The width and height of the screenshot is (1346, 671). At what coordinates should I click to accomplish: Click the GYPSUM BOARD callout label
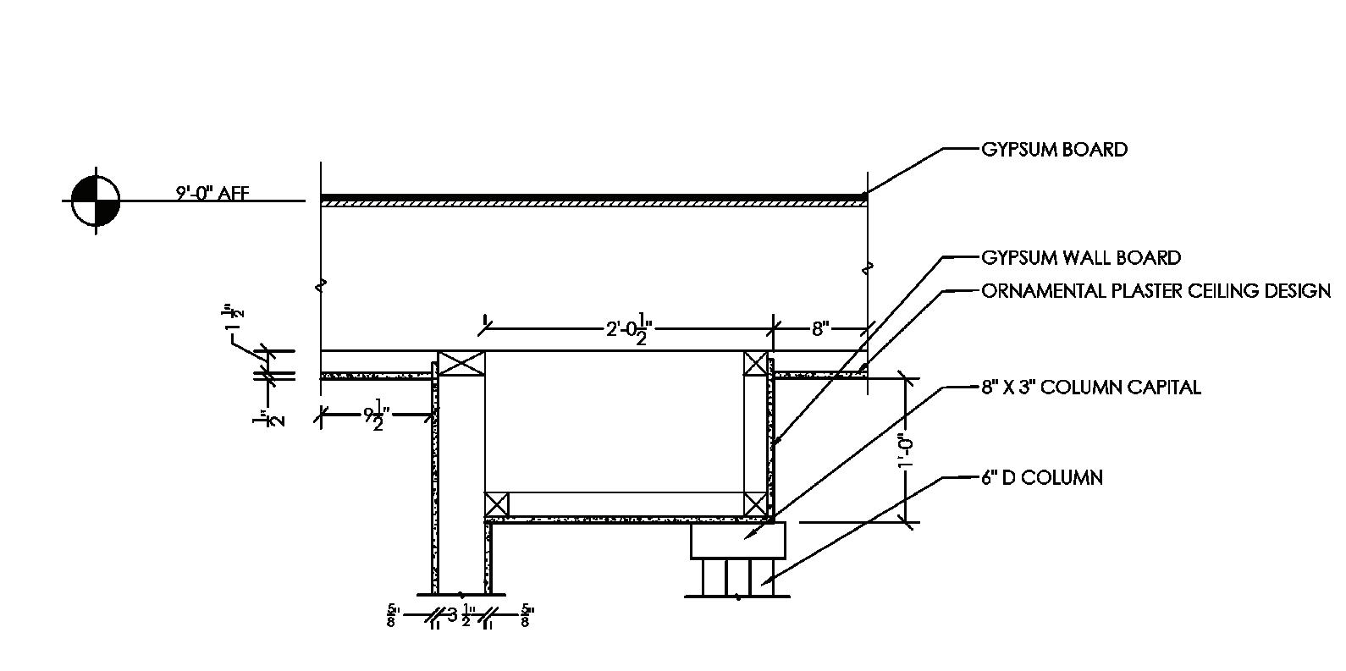point(1054,150)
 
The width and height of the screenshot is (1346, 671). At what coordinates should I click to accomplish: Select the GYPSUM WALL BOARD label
point(1081,257)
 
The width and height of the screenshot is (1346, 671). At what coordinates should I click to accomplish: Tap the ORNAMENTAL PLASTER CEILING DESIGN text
point(1156,291)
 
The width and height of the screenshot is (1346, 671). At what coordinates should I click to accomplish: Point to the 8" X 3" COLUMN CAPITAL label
point(1090,388)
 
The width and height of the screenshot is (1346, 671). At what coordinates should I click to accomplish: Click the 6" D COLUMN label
point(1042,477)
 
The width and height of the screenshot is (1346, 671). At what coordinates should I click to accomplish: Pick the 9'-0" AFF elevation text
point(212,194)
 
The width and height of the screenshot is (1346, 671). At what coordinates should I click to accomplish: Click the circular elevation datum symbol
point(96,201)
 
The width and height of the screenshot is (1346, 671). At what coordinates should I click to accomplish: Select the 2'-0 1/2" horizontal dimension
point(627,328)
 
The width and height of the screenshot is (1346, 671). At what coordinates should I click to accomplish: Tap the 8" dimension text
point(819,328)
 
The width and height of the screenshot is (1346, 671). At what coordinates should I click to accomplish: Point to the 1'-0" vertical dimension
point(907,451)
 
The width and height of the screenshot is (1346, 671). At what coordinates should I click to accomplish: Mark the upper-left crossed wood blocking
point(461,363)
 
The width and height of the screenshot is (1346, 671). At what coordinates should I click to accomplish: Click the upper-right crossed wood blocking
point(756,364)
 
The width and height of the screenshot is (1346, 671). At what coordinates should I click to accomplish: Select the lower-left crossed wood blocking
point(497,504)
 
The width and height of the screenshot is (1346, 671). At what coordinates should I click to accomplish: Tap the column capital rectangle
point(738,541)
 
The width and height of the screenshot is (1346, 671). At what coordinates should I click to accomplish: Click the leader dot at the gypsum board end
point(864,195)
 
